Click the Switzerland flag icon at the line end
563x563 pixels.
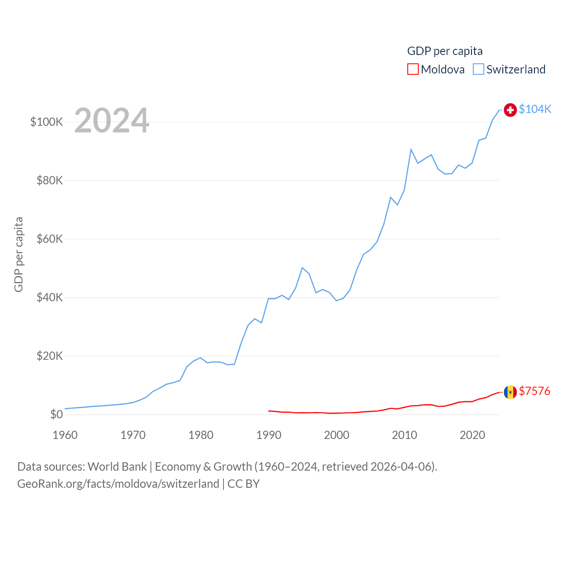click(x=510, y=110)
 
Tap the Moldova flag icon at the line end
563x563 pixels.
click(x=510, y=392)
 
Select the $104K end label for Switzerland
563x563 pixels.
click(x=535, y=109)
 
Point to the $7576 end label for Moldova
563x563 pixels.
click(x=534, y=391)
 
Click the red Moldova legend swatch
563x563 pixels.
click(x=413, y=69)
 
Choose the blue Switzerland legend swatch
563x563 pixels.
click(x=479, y=69)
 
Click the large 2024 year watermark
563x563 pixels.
click(x=112, y=121)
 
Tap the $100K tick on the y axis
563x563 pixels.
click(x=47, y=122)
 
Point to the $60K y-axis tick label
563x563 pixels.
click(x=50, y=239)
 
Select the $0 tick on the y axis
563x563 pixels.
click(x=56, y=414)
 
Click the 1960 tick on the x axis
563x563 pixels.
click(x=65, y=435)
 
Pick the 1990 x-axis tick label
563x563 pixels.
click(x=269, y=435)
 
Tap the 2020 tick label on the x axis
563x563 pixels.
click(x=472, y=435)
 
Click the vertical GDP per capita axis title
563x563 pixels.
click(x=18, y=254)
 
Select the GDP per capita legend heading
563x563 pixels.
click(x=445, y=51)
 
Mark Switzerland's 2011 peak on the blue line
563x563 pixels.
click(x=411, y=150)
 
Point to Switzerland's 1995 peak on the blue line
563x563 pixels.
click(x=302, y=267)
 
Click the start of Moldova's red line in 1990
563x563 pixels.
click(x=269, y=411)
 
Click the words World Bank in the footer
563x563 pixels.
click(x=117, y=466)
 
